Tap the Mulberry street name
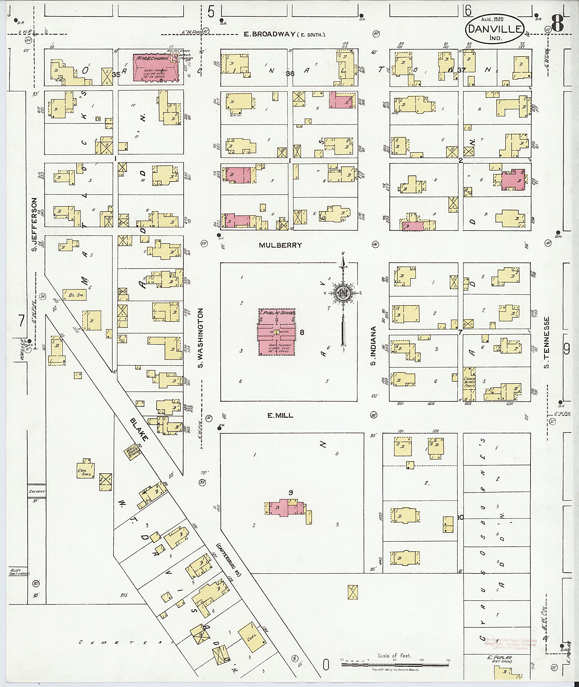[x=280, y=245]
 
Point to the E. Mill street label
[x=280, y=415]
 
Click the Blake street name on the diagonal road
[x=139, y=429]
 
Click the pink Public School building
[x=277, y=332]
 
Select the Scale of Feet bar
[x=396, y=664]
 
